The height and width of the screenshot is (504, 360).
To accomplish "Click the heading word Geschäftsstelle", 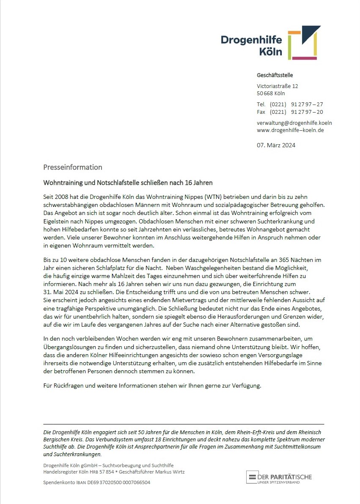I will point(275,75).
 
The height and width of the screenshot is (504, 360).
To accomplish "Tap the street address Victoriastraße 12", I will point(277,86).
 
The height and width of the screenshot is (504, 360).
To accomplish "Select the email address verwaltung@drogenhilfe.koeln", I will point(294,123).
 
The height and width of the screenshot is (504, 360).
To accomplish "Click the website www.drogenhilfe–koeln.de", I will point(290,130).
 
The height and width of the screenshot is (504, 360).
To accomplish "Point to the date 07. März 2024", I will point(276,145).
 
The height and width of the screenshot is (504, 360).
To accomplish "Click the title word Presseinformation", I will point(72,167).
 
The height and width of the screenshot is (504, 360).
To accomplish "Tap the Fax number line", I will point(290,112).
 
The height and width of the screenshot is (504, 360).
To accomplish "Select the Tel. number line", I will point(290,104).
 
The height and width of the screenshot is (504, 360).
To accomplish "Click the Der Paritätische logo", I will point(279,477).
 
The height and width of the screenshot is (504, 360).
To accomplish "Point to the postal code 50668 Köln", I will point(271,94).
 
